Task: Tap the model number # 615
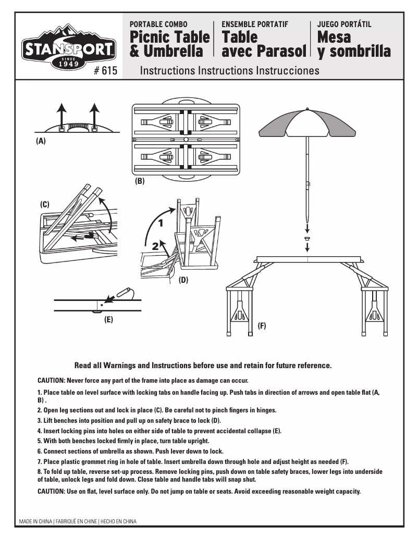tap(106, 71)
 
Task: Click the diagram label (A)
tap(41, 141)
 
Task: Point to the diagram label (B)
tap(140, 182)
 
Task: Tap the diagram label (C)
tap(45, 205)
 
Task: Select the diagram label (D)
tap(183, 280)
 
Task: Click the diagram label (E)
tap(108, 320)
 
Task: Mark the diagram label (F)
tap(262, 326)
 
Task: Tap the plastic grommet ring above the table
tap(307, 238)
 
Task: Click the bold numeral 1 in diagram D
tap(161, 223)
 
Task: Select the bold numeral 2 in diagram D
tap(156, 247)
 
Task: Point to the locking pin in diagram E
tap(123, 291)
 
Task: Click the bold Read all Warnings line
tap(203, 365)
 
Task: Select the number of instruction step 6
tap(40, 450)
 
